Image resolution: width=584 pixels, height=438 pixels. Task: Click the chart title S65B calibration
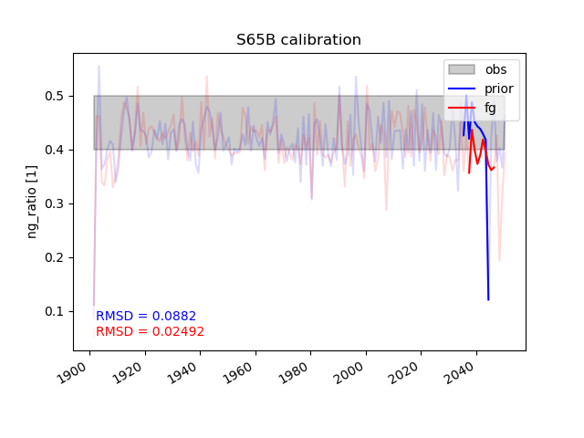tap(298, 40)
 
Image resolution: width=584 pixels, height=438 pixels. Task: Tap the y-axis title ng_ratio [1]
tap(32, 202)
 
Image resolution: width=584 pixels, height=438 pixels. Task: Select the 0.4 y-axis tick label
tap(54, 150)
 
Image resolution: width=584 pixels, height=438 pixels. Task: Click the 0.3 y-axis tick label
tap(54, 203)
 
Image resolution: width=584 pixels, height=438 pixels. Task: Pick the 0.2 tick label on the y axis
tap(54, 257)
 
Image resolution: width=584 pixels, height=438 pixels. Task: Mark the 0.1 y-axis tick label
tap(54, 311)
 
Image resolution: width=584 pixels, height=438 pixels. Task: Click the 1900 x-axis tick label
tap(72, 373)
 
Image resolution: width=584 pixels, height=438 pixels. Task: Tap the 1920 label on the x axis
tap(128, 373)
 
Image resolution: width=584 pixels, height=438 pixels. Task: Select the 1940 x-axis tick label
tap(182, 373)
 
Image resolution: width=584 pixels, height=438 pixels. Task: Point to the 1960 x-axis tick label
tap(238, 373)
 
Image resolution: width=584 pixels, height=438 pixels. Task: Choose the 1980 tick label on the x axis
tap(293, 373)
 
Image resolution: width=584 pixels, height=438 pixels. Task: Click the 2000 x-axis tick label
tap(349, 373)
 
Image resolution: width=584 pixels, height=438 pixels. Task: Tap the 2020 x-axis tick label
tap(403, 373)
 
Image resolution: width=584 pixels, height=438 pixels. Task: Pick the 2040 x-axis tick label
tap(459, 373)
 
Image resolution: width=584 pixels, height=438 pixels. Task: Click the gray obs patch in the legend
tap(462, 69)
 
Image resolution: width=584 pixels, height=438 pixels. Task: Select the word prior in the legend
tap(499, 89)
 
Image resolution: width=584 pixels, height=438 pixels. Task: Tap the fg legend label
tap(490, 109)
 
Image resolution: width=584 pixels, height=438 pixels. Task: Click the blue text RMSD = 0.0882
tap(146, 316)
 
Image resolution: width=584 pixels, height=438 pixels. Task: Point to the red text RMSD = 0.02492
tap(150, 331)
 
